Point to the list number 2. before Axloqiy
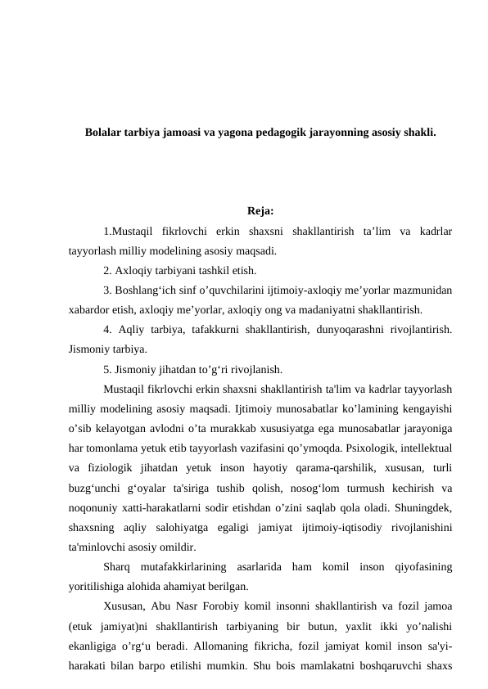109,270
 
